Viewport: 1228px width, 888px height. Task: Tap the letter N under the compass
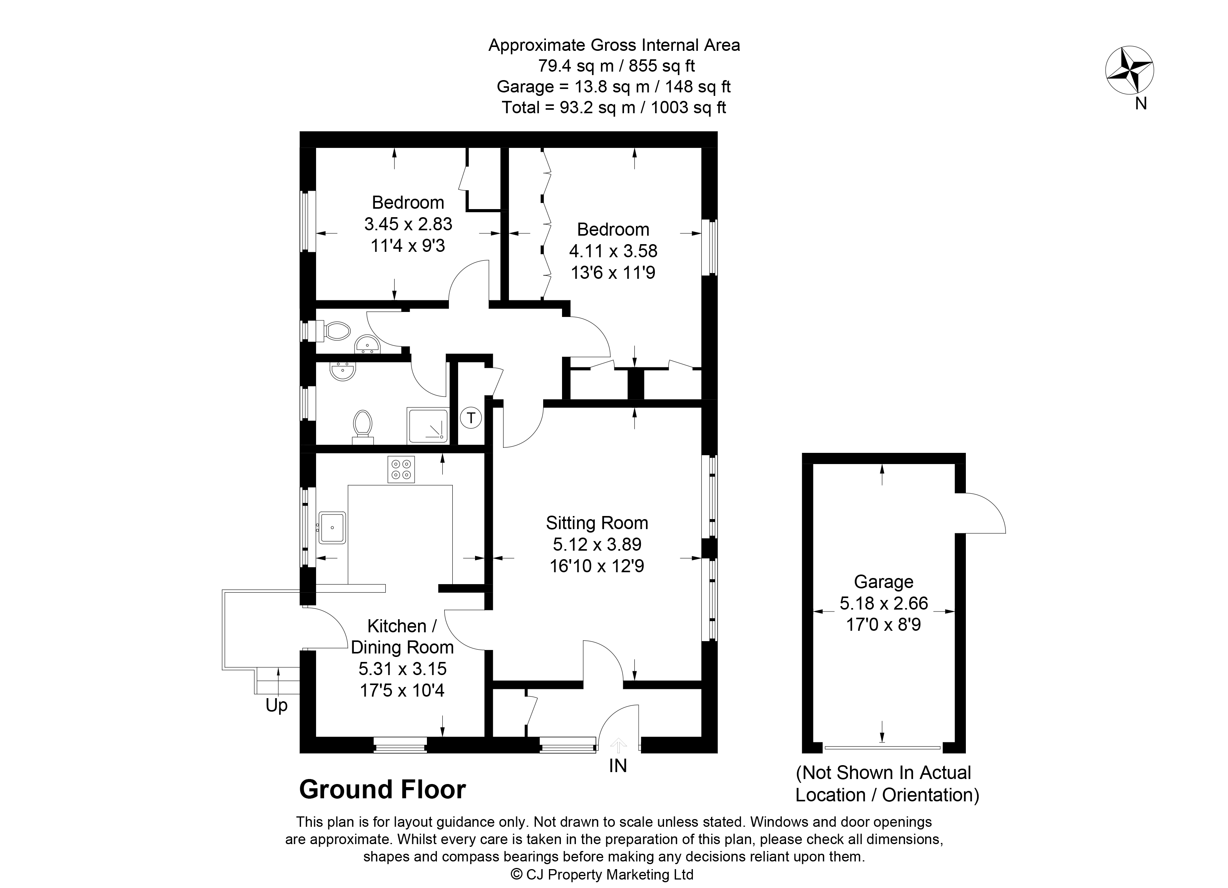pos(1141,104)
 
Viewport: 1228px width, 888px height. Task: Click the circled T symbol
pos(471,418)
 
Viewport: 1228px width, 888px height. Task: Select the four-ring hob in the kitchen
pos(401,469)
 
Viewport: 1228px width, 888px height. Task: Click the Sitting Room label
pos(597,523)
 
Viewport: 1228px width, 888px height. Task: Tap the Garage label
pos(883,581)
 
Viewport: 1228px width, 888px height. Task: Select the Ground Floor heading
pos(382,789)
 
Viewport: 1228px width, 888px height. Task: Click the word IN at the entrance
pos(618,766)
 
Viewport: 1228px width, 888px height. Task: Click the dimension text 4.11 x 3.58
pos(613,251)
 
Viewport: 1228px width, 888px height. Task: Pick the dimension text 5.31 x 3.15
pos(402,669)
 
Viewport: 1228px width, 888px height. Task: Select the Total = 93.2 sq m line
pos(614,107)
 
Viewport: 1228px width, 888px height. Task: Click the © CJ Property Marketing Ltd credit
pos(602,875)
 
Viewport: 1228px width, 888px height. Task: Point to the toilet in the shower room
pos(363,427)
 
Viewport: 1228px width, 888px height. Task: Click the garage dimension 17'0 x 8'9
pos(883,625)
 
